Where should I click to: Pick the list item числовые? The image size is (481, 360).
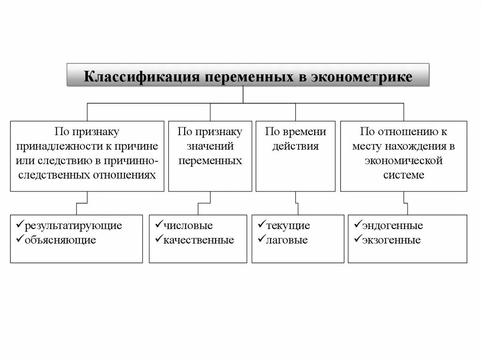point(188,226)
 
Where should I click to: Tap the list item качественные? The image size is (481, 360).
point(199,240)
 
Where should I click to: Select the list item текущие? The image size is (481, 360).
point(288,226)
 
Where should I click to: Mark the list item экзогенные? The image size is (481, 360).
point(391,240)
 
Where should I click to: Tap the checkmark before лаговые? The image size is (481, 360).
point(261,240)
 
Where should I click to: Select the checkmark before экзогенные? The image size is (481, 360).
point(357,240)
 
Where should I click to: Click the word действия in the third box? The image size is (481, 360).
point(295,146)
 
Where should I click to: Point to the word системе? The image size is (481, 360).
point(403,175)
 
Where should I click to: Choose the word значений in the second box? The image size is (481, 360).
point(210,146)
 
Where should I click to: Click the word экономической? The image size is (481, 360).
point(403,161)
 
